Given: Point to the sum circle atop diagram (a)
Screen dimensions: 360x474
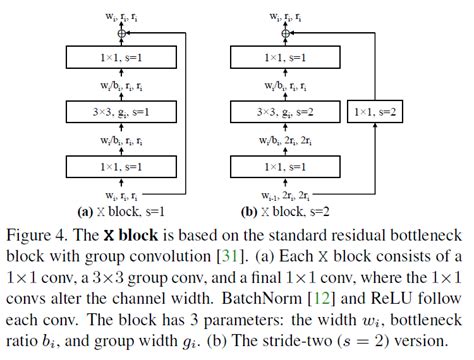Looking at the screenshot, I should coord(121,34).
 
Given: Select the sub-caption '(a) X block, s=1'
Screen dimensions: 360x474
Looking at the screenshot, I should coord(122,211).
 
